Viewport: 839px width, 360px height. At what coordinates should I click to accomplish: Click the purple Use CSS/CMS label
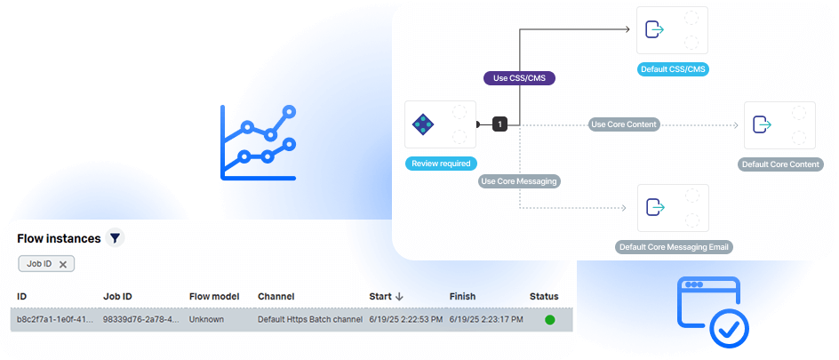tap(519, 78)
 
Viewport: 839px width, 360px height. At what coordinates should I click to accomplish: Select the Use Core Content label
tap(624, 124)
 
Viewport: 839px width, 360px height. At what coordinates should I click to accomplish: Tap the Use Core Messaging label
tap(519, 181)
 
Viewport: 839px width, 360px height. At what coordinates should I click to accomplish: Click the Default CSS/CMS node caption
tap(673, 69)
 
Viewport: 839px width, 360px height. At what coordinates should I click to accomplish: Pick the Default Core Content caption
tap(781, 164)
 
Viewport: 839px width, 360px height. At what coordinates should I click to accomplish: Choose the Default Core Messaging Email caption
tap(675, 247)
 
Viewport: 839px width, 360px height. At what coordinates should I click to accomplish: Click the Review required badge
tap(441, 164)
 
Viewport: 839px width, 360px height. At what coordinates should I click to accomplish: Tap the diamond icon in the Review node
tap(423, 124)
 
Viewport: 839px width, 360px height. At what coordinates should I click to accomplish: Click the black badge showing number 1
tap(499, 124)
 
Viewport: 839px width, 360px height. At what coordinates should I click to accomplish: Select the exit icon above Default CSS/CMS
tap(655, 30)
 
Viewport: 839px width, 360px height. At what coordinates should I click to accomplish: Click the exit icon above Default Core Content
tap(762, 124)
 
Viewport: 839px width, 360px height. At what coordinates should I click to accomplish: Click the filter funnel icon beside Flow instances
tap(115, 238)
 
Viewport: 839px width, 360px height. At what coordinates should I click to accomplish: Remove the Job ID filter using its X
tap(62, 264)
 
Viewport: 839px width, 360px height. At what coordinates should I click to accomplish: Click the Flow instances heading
tap(59, 238)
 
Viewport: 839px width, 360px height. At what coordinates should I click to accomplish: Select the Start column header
tap(380, 296)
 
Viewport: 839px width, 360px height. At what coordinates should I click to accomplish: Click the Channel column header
tap(276, 296)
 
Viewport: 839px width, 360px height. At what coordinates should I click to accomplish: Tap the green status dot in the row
tap(549, 319)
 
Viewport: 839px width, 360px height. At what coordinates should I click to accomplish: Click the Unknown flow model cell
tap(206, 319)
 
